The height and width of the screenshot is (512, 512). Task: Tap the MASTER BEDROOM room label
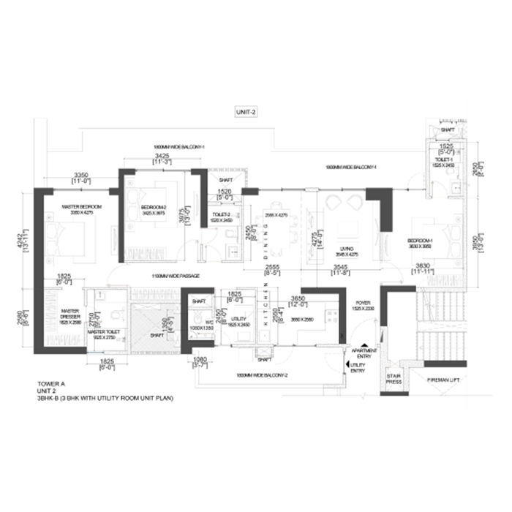81,207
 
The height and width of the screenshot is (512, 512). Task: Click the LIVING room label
347,250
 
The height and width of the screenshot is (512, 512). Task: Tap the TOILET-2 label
222,216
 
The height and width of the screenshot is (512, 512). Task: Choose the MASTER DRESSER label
70,315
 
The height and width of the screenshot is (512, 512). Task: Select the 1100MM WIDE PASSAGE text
165,276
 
